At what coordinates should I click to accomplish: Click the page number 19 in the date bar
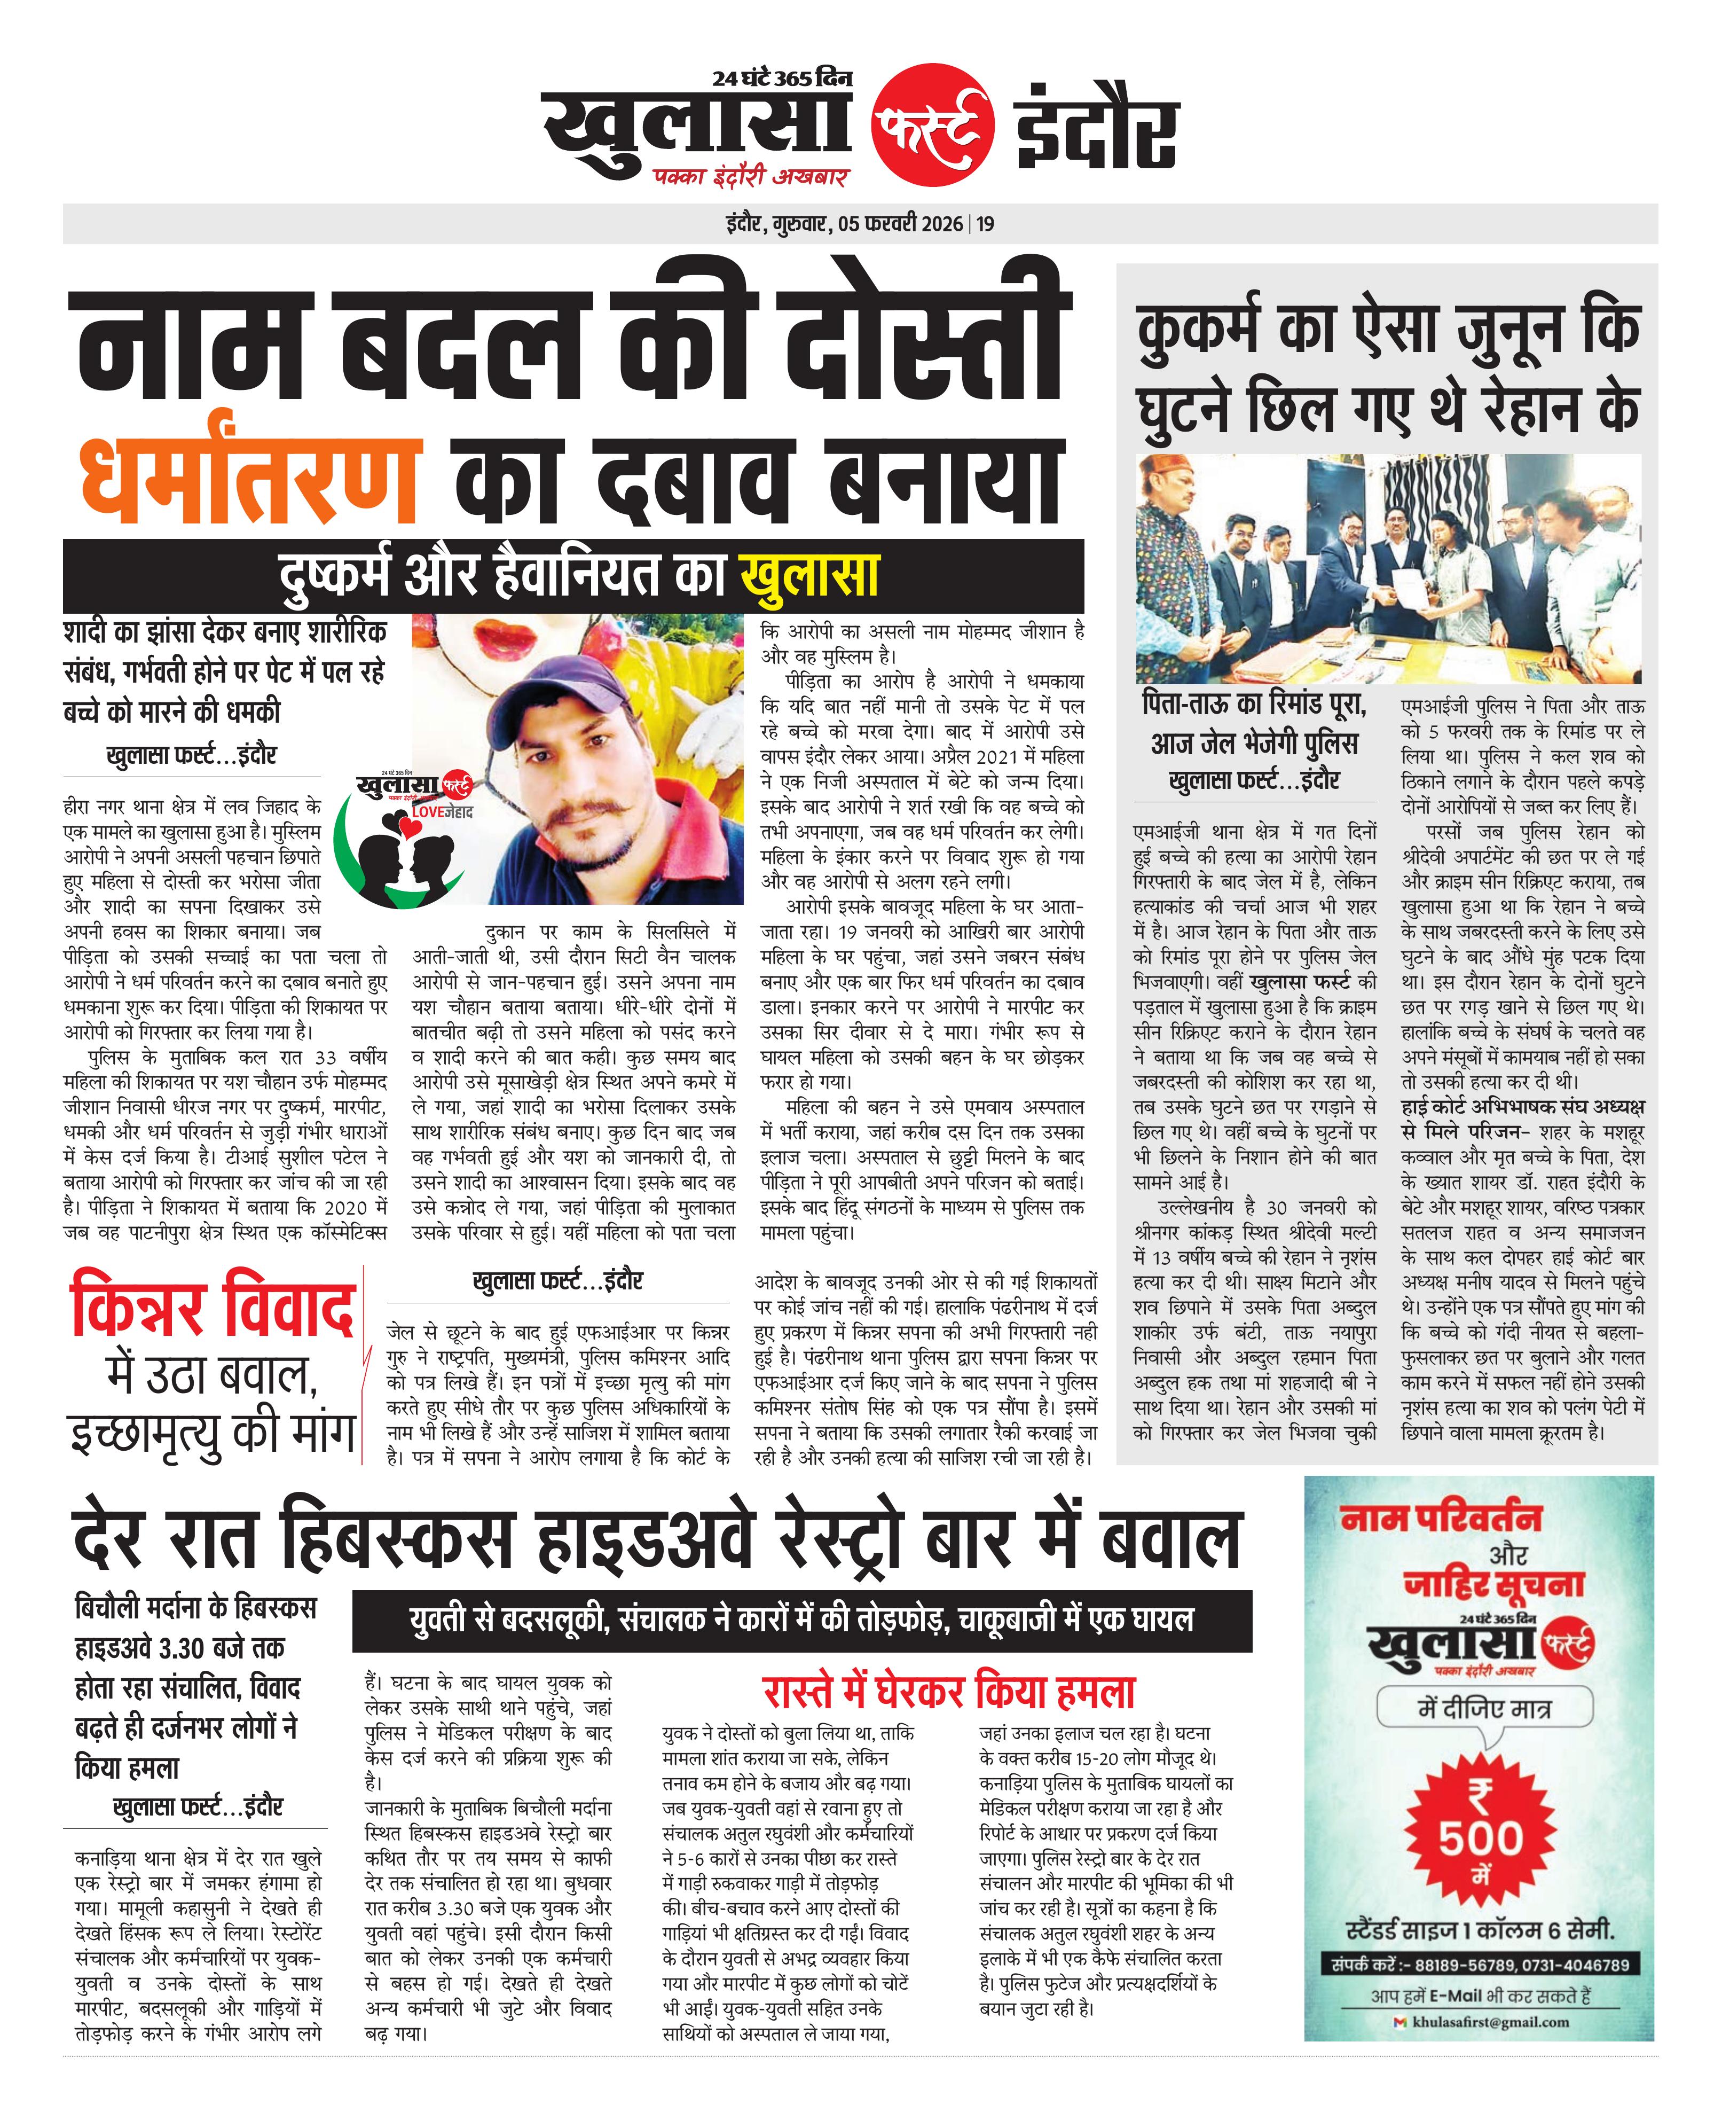pyautogui.click(x=985, y=224)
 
